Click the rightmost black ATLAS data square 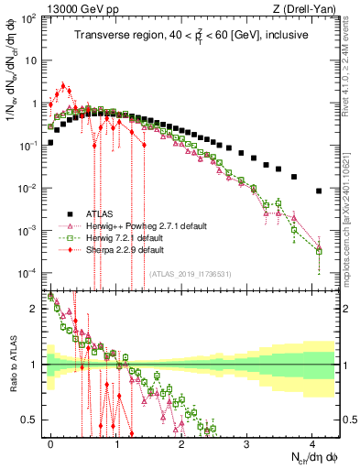(x=318, y=191)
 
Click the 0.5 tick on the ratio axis (x=32, y=420)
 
